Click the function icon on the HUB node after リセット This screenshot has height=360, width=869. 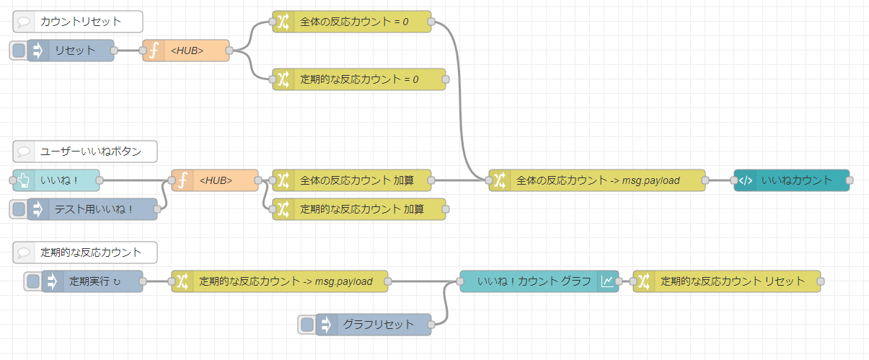tap(154, 51)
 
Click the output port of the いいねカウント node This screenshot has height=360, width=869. tap(850, 180)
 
